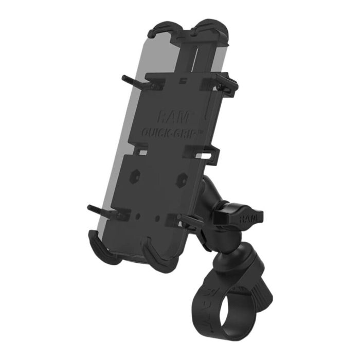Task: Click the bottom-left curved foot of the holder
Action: (105, 247)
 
